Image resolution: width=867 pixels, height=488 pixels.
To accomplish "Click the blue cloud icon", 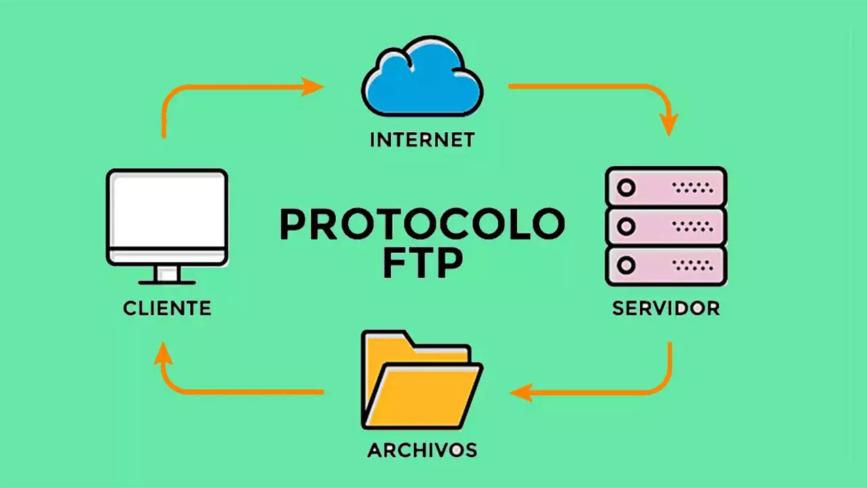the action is (422, 77).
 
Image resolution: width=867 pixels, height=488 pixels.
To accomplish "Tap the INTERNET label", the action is (422, 140).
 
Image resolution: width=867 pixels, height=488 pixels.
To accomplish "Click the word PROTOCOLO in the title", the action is (422, 224).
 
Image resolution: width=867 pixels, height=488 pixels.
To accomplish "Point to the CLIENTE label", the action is (167, 308).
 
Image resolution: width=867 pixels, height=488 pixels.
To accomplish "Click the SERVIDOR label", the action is (666, 308).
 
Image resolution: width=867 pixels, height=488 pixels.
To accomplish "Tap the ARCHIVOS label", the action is (422, 450).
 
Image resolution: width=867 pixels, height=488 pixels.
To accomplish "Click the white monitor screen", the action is (167, 210).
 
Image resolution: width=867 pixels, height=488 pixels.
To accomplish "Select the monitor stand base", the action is (167, 283).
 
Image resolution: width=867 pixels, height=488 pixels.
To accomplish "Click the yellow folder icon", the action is (422, 380).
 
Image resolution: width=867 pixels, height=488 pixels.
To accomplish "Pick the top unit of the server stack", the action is (666, 187).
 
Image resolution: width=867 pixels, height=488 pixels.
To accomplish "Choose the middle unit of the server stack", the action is (666, 226).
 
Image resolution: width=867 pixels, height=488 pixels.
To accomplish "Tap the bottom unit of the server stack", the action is (666, 266).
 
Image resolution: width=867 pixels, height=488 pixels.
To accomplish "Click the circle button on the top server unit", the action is (627, 188).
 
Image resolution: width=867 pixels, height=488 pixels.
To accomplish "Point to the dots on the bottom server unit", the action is (693, 265).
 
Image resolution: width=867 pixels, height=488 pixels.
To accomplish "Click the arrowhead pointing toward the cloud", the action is (312, 87).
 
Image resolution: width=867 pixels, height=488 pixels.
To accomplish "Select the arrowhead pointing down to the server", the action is (669, 125).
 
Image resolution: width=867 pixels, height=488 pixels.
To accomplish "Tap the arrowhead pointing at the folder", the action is (522, 392).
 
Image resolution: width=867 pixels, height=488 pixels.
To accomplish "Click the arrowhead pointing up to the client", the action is (163, 353).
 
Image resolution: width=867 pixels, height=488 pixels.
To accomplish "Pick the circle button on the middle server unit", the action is (627, 226).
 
